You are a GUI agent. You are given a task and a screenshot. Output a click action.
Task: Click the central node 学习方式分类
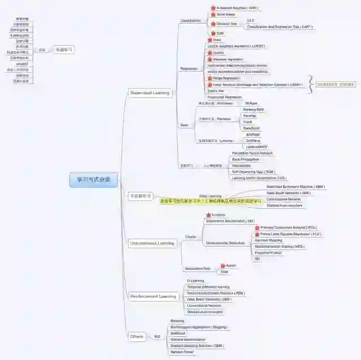[x=94, y=181]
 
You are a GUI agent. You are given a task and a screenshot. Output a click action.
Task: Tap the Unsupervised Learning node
[x=152, y=243]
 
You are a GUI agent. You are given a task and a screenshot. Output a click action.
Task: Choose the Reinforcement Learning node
[x=153, y=296]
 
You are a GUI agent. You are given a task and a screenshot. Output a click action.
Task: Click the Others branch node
[x=137, y=336]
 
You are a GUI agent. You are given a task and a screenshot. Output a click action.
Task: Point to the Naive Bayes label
[x=226, y=15]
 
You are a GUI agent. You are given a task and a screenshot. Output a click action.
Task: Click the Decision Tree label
[x=226, y=24]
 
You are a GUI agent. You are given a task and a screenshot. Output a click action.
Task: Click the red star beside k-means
[x=208, y=215]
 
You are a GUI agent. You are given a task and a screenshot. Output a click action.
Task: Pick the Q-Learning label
[x=195, y=280]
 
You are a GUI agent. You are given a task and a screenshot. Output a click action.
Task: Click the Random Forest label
[x=182, y=352]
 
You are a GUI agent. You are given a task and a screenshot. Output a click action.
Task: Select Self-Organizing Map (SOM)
[x=253, y=172]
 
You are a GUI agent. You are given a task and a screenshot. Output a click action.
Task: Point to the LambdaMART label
[x=257, y=147]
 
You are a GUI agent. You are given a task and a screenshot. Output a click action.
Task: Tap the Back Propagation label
[x=246, y=159]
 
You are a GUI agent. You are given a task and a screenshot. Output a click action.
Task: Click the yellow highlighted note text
[x=210, y=201]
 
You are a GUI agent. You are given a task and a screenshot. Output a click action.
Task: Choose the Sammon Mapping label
[x=268, y=240]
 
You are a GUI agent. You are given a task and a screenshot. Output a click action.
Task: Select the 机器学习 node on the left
[x=64, y=50]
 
